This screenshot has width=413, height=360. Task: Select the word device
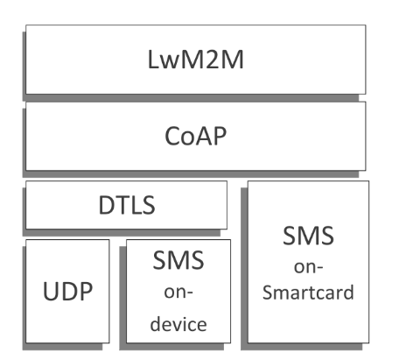pyautogui.click(x=178, y=323)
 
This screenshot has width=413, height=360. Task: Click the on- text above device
pyautogui.click(x=178, y=292)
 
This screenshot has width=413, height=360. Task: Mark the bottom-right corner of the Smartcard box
pyautogui.click(x=368, y=342)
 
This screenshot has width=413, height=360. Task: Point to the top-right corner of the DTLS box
pyautogui.click(x=227, y=182)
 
